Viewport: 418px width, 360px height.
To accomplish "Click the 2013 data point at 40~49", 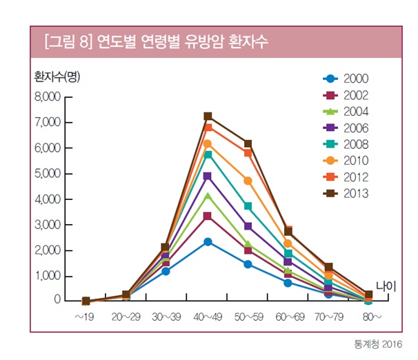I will (208, 117).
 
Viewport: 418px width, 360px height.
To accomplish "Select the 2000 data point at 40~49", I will (208, 242).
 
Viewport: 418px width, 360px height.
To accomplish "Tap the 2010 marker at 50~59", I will (248, 181).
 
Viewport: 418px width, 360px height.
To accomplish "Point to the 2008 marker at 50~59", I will (248, 206).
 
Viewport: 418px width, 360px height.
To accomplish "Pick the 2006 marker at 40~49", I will (208, 177).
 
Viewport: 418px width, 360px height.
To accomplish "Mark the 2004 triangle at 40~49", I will (208, 197).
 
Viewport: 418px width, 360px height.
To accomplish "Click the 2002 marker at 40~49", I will (208, 217).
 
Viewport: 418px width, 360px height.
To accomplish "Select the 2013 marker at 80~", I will (368, 294).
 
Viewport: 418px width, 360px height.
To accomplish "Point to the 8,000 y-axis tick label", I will (48, 97).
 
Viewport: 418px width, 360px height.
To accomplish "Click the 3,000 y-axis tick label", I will (48, 225).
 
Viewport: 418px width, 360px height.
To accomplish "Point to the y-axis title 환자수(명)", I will (57, 77).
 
